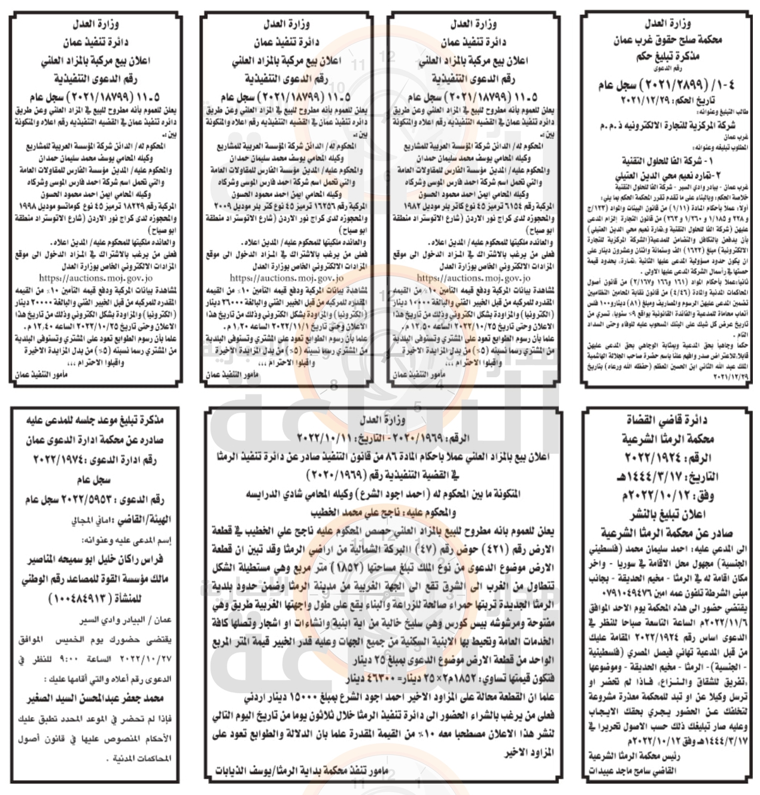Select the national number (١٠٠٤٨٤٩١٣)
pos(95,600)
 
